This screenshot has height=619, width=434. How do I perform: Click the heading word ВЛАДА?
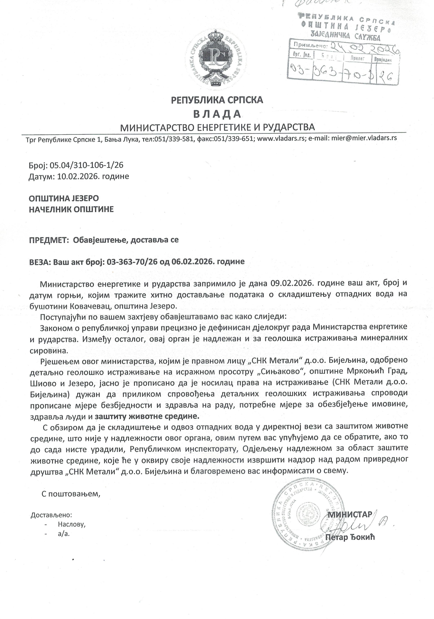217,114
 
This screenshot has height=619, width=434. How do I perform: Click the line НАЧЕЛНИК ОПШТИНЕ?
71,209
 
